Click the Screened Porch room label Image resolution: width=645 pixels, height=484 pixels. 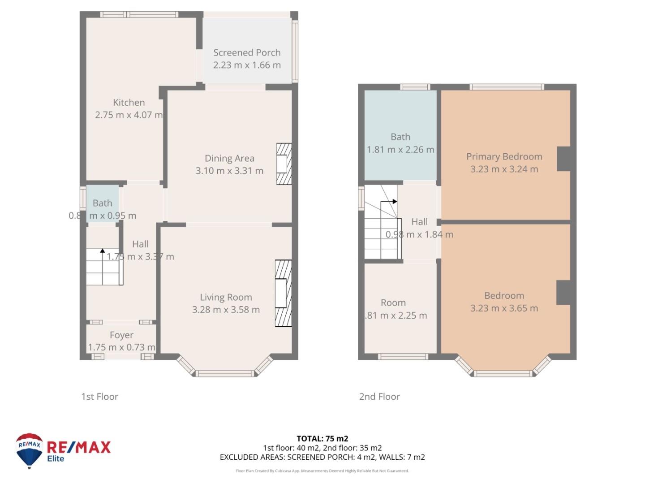click(247, 53)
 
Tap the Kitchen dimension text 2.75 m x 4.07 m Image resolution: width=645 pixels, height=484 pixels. click(129, 115)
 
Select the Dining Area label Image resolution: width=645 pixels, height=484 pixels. click(229, 158)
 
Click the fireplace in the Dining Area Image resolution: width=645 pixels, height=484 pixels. click(284, 164)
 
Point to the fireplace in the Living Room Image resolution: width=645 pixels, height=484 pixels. click(283, 293)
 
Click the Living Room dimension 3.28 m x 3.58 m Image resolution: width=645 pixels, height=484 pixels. click(226, 310)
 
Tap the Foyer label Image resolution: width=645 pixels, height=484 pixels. click(121, 335)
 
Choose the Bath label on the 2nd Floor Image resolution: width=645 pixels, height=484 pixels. click(400, 137)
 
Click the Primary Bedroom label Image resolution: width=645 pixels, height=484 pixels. click(504, 157)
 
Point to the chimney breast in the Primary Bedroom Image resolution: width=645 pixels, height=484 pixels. click(564, 159)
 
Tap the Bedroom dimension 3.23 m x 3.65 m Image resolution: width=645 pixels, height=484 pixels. click(504, 308)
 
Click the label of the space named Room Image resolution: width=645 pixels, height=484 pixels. click(393, 303)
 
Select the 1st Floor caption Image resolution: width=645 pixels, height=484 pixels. click(99, 397)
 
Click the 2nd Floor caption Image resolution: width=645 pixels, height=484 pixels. click(379, 397)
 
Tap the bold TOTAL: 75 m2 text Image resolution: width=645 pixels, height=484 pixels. click(322, 439)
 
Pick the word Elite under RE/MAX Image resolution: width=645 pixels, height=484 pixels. click(56, 459)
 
